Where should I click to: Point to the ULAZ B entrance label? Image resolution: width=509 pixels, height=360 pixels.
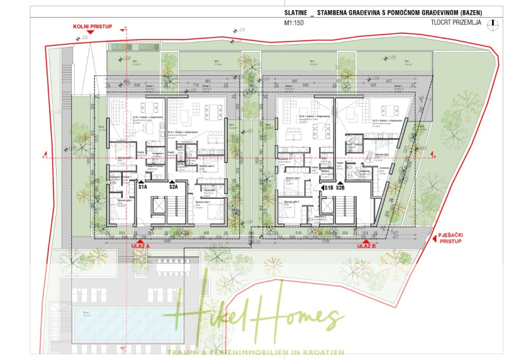point(367,246)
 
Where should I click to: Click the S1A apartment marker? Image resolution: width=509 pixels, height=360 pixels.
point(142,186)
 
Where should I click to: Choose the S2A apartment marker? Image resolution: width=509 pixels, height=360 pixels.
point(173,186)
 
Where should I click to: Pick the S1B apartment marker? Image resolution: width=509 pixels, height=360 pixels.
point(327,187)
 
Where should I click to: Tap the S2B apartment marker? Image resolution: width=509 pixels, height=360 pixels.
point(340,187)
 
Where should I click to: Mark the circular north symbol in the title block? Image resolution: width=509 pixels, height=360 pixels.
point(494,24)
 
